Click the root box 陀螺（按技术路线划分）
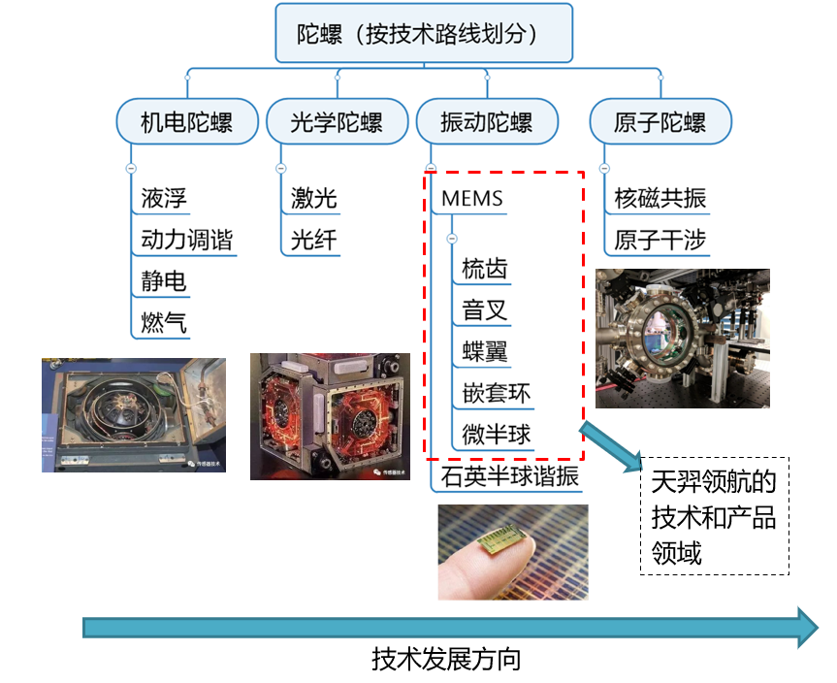coord(423,33)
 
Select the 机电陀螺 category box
coord(186,123)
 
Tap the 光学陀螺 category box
coord(337,123)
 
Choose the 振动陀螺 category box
coord(486,123)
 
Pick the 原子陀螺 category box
coord(660,123)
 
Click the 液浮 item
coord(163,199)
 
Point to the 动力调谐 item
coord(186,240)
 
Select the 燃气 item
coord(163,322)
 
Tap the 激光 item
coord(313,199)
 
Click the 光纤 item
coord(313,240)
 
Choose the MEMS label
coord(472,199)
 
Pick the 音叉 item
coord(485,310)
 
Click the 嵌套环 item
coord(497,393)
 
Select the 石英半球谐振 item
coord(509,476)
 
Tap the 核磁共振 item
coord(660,199)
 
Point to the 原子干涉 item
coord(660,240)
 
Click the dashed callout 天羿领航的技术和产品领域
coord(714,516)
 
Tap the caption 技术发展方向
coord(446,661)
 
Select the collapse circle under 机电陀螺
coord(131,168)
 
